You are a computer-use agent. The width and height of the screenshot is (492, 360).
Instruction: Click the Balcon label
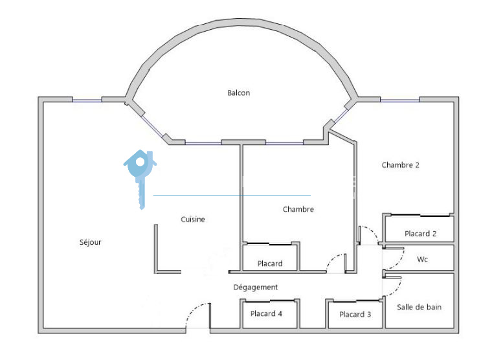pos(238,93)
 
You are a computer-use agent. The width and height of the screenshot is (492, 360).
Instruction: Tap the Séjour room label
pos(90,243)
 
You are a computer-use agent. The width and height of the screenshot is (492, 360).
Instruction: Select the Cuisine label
pos(193,219)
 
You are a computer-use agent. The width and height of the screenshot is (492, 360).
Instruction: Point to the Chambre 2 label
pos(400,165)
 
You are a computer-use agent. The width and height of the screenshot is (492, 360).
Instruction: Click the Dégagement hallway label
pos(256,287)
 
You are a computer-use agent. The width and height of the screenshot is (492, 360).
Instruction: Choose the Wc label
pos(422,260)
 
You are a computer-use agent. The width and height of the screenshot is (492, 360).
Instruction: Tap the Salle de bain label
pos(419,307)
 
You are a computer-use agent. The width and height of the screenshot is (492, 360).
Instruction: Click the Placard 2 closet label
pos(420,234)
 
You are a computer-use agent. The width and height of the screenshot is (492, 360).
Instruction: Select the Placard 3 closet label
pos(355,315)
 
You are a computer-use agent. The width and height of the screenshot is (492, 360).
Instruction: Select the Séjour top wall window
pos(87,100)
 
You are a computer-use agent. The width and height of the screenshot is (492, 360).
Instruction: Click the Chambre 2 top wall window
pos(399,100)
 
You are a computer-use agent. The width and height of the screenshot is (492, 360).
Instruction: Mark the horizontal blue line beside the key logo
pos(232,195)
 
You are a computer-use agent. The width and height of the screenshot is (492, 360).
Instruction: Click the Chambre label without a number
pos(298,209)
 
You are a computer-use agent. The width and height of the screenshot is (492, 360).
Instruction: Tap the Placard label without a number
pos(269,264)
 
